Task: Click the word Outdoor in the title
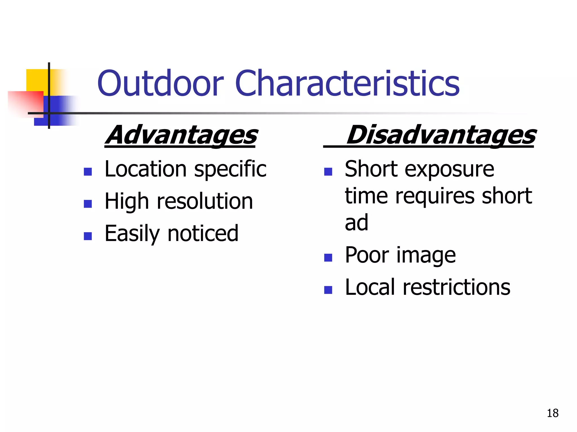[x=160, y=84]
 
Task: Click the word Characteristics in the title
[x=347, y=84]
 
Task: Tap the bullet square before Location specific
[x=88, y=172]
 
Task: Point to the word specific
[x=230, y=170]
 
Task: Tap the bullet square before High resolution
[x=88, y=204]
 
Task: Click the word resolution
[x=205, y=201]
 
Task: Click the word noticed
[x=203, y=233]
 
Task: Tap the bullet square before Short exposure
[x=328, y=172]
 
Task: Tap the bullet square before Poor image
[x=328, y=258]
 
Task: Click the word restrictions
[x=456, y=287]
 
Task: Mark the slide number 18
[x=552, y=413]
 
